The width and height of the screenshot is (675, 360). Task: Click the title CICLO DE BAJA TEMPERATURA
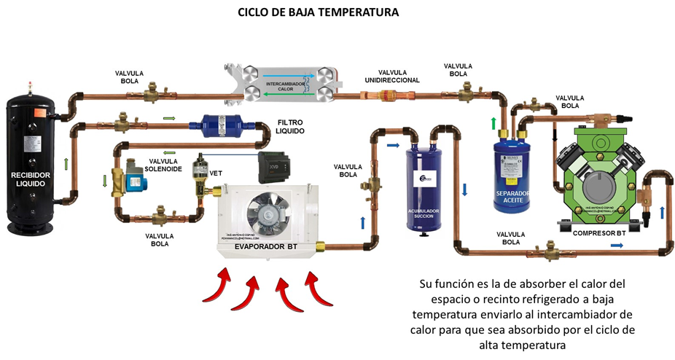(319, 13)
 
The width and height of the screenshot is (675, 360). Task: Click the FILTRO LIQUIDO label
(290, 128)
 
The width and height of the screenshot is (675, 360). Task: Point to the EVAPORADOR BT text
(267, 247)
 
